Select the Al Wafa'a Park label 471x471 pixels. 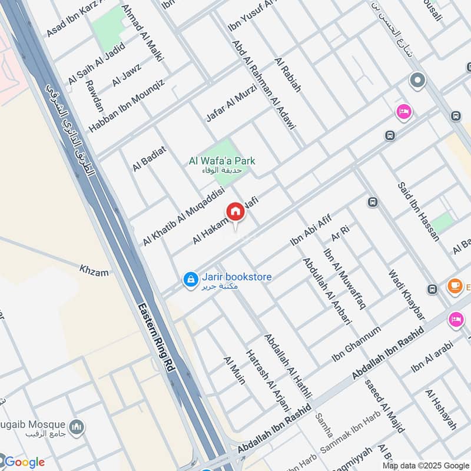223,161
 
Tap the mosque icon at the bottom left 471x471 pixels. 77,426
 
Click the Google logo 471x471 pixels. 24,462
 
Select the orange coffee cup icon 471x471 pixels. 455,286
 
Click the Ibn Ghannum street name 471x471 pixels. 356,345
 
